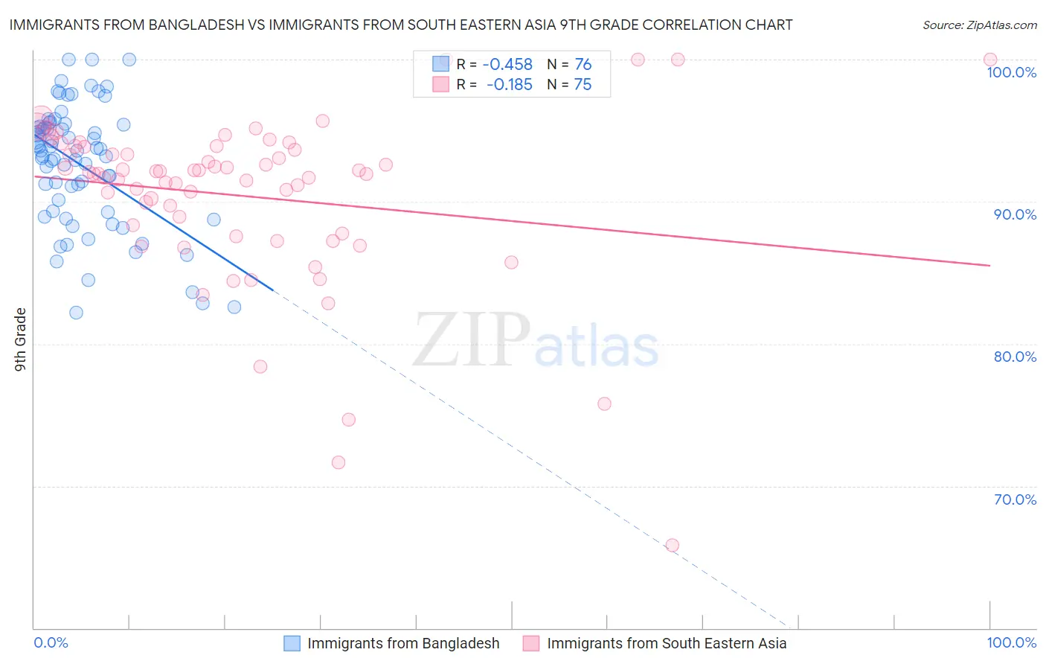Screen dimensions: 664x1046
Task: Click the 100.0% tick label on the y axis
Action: pos(1011,72)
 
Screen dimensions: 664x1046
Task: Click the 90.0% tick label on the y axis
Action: pos(1015,214)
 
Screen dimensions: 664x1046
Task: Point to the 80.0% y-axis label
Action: pos(1015,357)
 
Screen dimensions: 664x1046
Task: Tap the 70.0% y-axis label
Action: pos(1015,499)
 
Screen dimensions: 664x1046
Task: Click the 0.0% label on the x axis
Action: pos(51,642)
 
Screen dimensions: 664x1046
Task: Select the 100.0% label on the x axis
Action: pos(1011,642)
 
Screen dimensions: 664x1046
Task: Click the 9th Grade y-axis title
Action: pos(20,339)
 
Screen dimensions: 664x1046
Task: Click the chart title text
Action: pos(400,25)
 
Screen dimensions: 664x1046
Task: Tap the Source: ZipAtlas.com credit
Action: pos(979,25)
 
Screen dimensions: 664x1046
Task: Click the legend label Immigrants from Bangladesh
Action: pos(403,643)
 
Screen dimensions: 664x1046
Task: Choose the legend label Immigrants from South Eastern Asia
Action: pos(667,643)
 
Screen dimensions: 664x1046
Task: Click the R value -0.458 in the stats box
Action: pos(507,65)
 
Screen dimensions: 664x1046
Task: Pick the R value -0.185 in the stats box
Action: pos(509,85)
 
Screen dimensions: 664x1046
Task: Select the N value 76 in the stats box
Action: pos(583,65)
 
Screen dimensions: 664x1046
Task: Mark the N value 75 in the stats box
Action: pos(583,85)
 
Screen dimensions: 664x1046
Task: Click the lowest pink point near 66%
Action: pos(672,546)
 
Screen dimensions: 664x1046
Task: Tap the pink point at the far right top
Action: pos(989,60)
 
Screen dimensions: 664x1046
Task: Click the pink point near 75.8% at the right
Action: pos(604,403)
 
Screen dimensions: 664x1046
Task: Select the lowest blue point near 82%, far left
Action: pos(76,313)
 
